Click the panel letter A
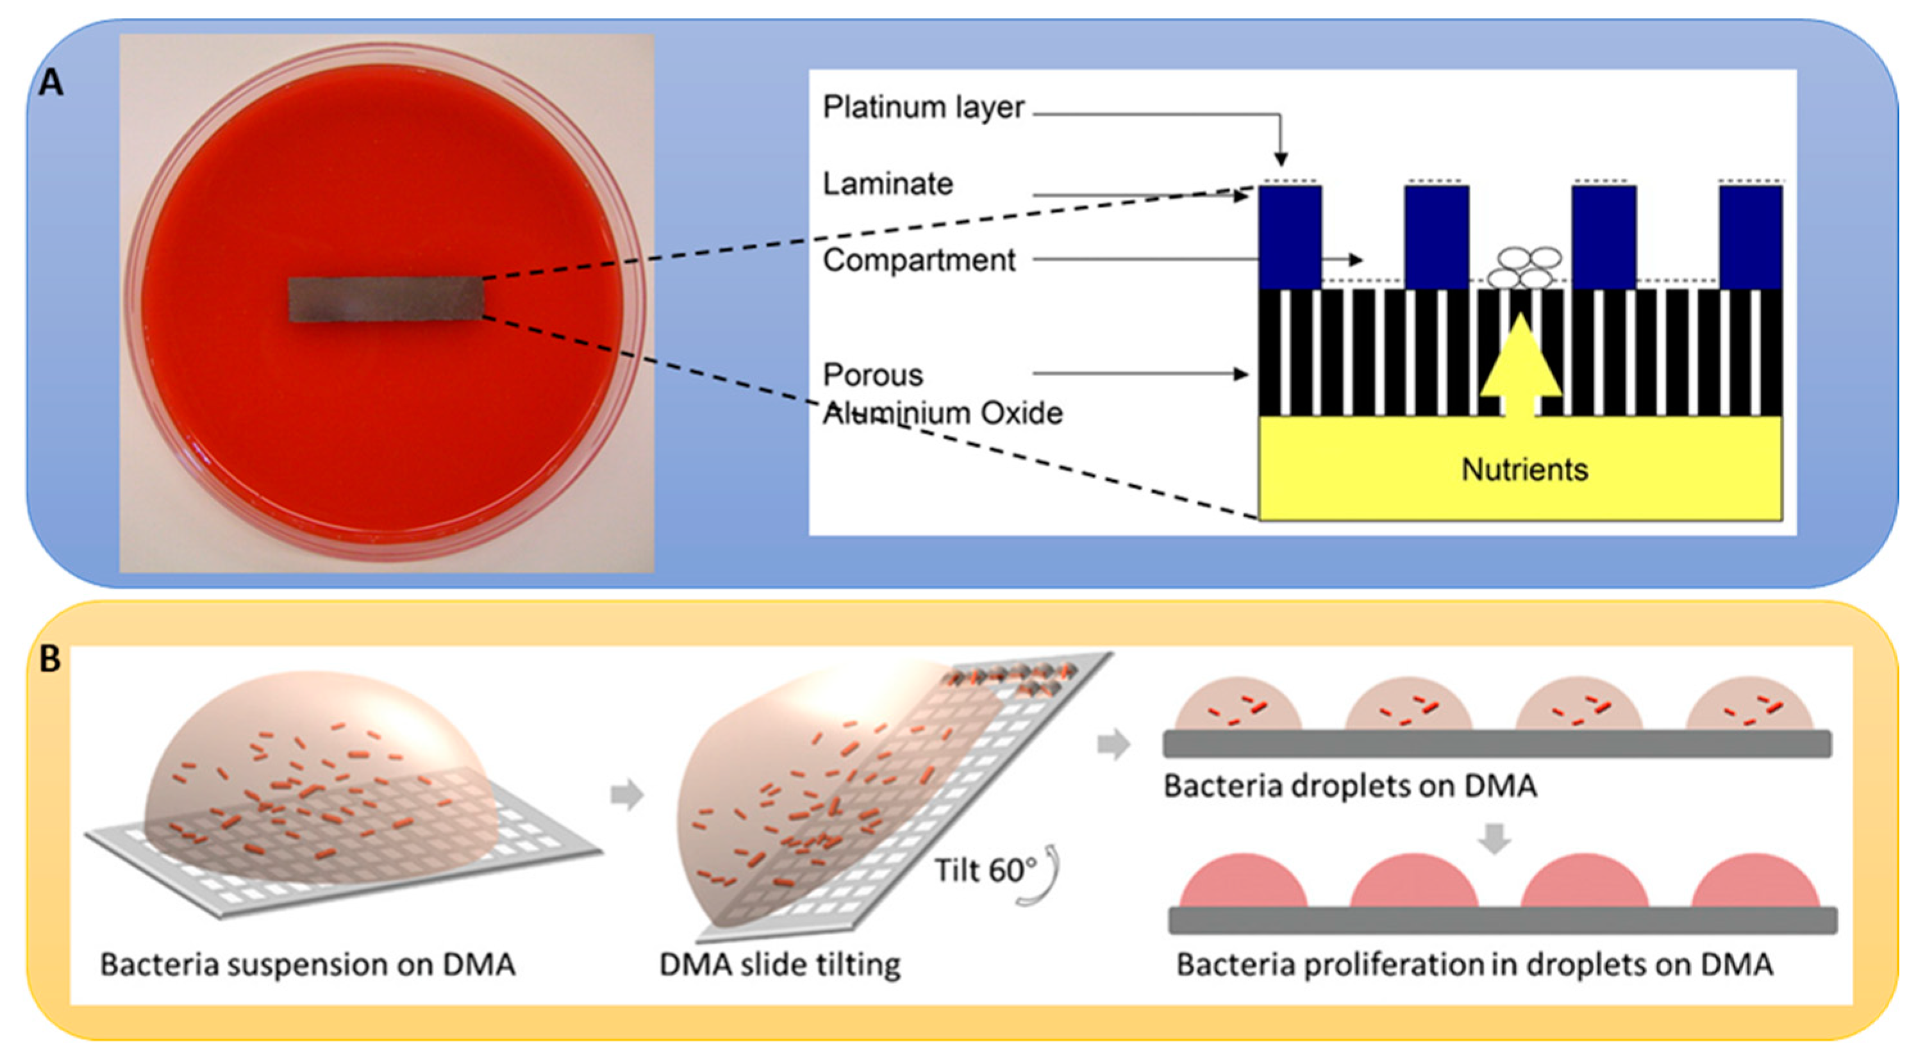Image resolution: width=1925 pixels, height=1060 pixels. click(x=51, y=82)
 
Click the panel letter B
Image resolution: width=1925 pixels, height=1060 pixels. click(x=49, y=659)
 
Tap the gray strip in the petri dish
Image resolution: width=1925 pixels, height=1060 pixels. click(x=387, y=299)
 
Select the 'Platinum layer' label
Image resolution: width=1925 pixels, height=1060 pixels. click(x=923, y=108)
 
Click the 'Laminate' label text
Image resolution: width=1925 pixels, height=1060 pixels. click(x=888, y=184)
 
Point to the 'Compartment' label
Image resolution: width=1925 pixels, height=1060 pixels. click(x=919, y=261)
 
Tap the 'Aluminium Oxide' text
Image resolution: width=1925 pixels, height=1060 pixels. click(x=942, y=413)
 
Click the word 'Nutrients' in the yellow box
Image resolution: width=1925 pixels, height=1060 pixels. click(x=1524, y=470)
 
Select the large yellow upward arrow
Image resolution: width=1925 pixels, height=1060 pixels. click(x=1520, y=366)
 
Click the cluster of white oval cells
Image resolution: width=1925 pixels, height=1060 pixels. click(x=1524, y=267)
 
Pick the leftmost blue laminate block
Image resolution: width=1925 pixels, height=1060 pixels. click(x=1290, y=236)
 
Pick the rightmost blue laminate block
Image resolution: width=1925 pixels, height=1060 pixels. click(x=1750, y=236)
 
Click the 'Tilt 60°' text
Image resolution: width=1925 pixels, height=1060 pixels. click(x=986, y=870)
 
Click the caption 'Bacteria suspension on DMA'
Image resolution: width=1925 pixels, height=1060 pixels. click(x=308, y=965)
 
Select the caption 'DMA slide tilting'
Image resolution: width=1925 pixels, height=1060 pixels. click(x=779, y=965)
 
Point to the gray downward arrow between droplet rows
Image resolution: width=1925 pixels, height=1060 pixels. click(x=1495, y=838)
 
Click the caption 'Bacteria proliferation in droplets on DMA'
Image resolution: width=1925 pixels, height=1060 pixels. click(x=1474, y=965)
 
